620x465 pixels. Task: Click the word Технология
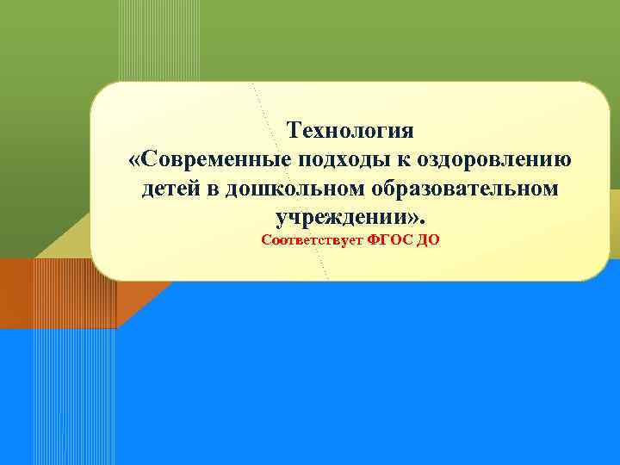point(350,131)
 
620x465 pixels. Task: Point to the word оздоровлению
point(494,159)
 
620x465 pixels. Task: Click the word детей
point(172,188)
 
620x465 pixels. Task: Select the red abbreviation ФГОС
point(389,240)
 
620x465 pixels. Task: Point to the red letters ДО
point(428,240)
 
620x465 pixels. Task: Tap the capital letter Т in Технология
point(294,131)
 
